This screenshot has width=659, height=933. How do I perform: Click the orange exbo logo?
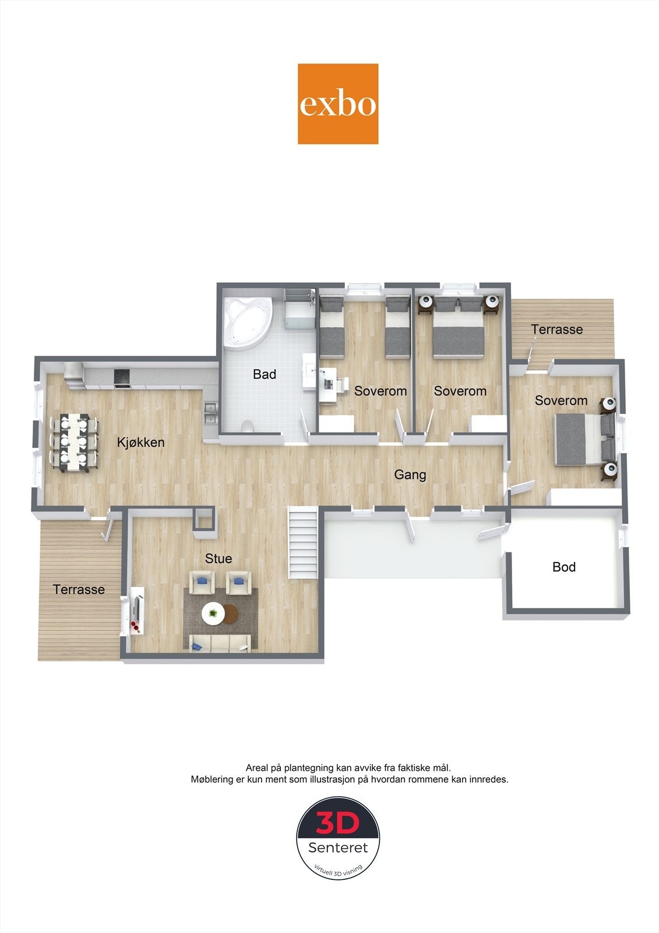click(338, 104)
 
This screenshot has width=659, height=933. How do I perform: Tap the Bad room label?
click(265, 374)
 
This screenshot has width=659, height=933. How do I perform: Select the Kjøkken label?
click(140, 443)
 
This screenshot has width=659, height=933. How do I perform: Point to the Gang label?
click(410, 475)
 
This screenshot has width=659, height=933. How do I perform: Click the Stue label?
click(219, 559)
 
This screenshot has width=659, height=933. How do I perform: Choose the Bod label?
click(564, 567)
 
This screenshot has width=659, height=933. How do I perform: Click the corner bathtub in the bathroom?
click(246, 322)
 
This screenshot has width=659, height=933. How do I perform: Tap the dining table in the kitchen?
click(74, 442)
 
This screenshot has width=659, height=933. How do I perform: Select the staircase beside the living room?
click(303, 542)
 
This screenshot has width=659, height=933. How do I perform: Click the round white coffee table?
click(213, 613)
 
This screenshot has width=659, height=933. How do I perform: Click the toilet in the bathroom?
click(248, 426)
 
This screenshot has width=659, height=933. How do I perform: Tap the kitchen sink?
click(210, 413)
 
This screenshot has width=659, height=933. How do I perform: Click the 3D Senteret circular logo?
click(338, 837)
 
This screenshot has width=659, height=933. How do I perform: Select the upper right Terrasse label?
click(557, 329)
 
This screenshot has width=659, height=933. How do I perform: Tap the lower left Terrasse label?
click(79, 590)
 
